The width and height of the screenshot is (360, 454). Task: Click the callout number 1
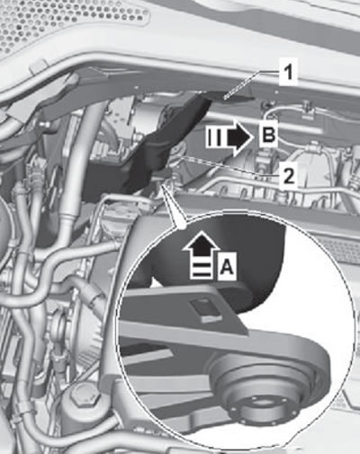point(288,73)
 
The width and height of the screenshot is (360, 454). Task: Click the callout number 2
point(288,176)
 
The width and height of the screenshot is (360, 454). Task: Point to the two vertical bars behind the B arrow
point(215,137)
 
